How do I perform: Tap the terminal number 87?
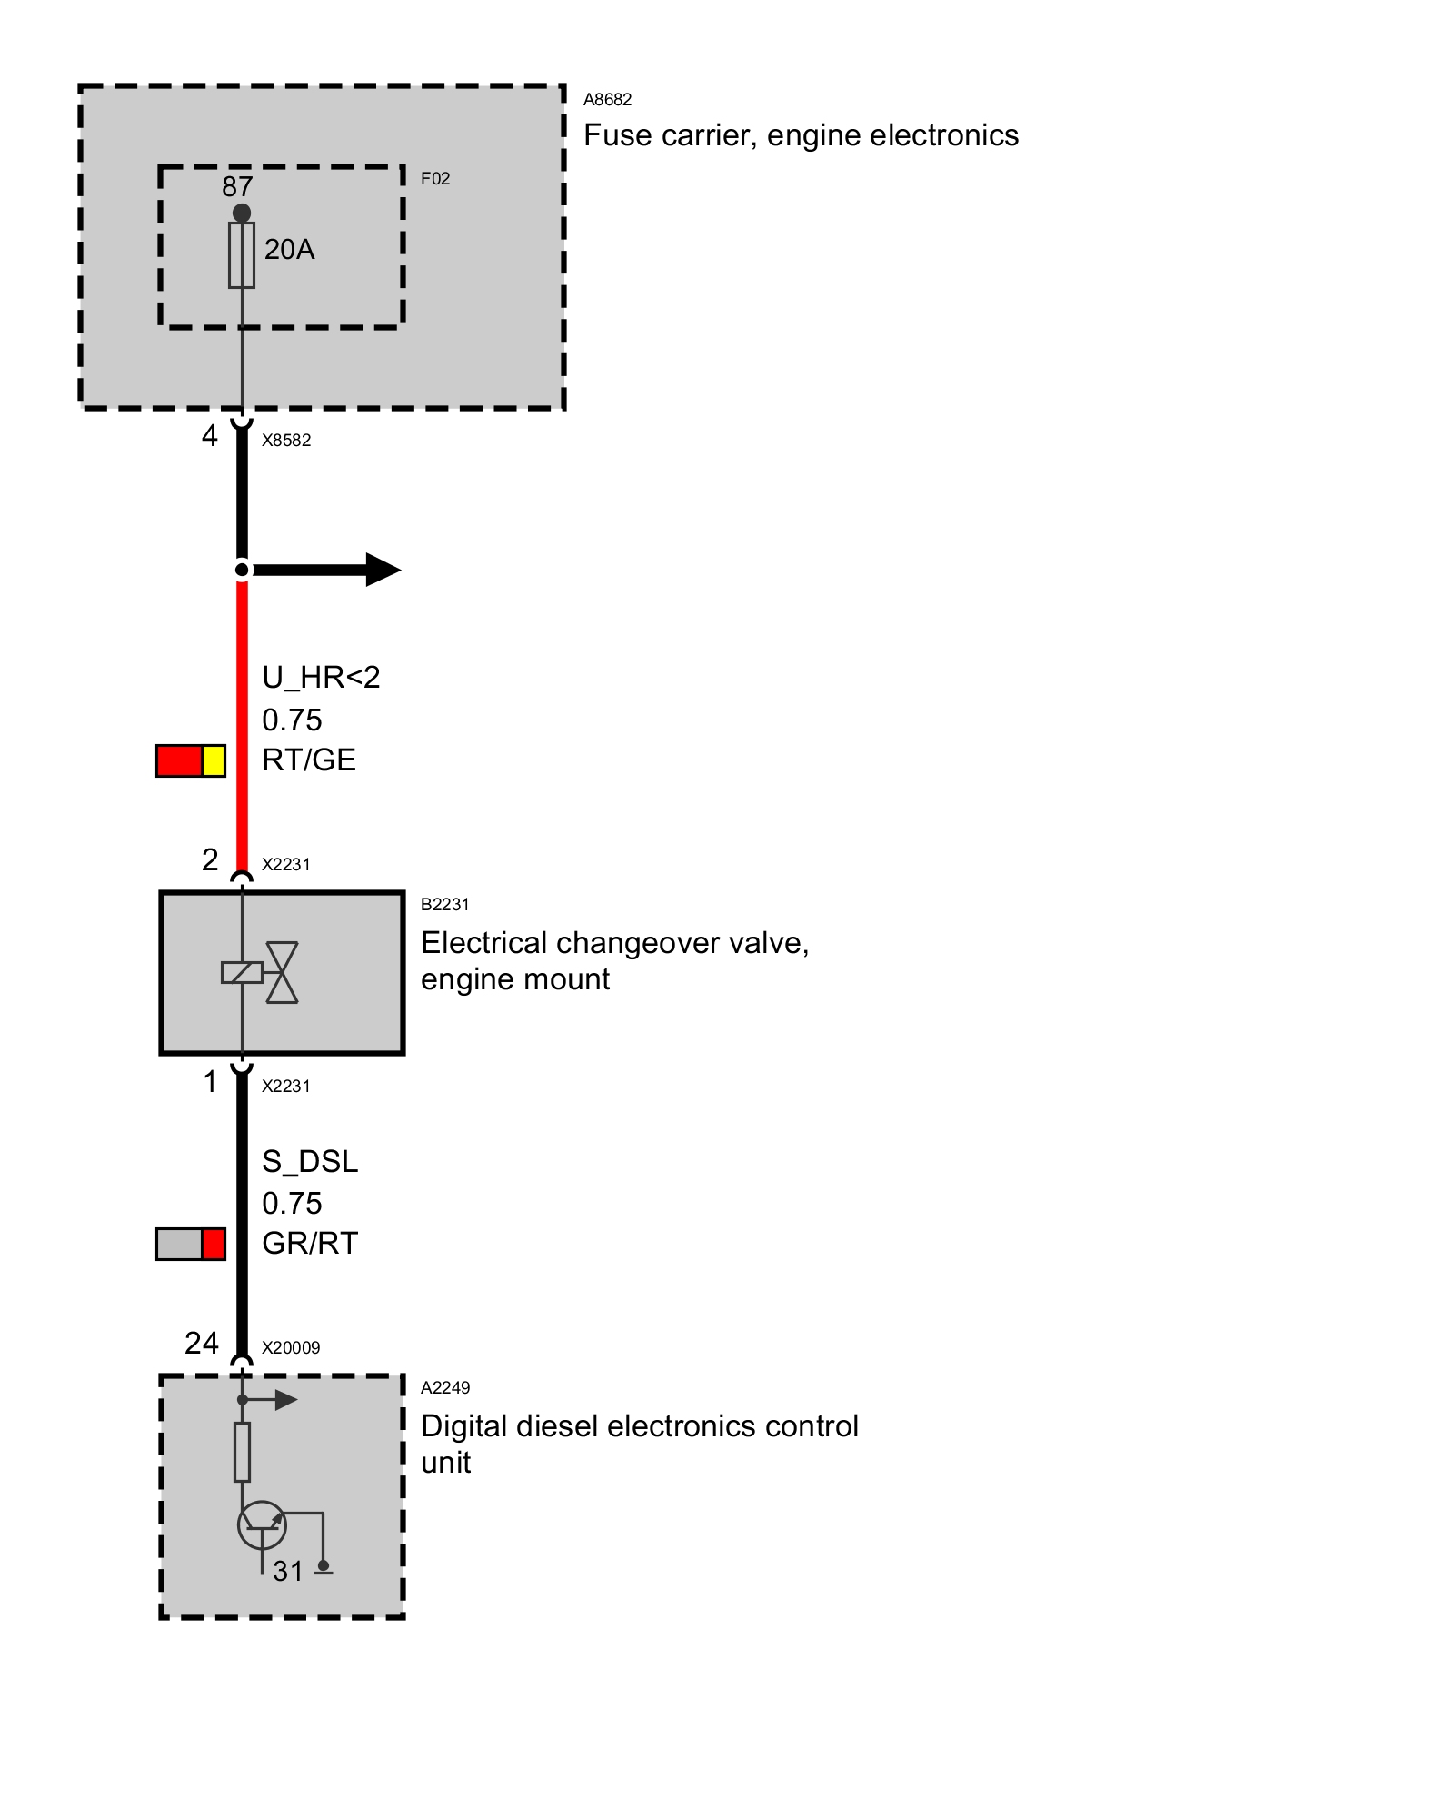[x=237, y=186]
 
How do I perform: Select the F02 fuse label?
[x=435, y=179]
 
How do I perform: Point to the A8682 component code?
[x=607, y=100]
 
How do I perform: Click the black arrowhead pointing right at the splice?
[x=383, y=570]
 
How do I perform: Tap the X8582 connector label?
[x=286, y=441]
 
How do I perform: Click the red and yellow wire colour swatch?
[x=191, y=760]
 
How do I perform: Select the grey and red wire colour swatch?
[x=191, y=1244]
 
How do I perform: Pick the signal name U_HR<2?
[x=321, y=678]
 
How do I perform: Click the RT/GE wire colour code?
[x=309, y=760]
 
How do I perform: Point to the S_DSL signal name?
[x=310, y=1161]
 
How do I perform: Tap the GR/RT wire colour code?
[x=310, y=1243]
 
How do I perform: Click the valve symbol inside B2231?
[x=281, y=972]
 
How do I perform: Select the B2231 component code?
[x=445, y=905]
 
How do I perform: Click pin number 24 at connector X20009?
[x=202, y=1343]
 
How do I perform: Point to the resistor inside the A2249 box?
[x=242, y=1452]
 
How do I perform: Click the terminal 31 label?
[x=288, y=1571]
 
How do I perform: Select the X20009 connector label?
[x=291, y=1348]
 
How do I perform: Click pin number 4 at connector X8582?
[x=210, y=437]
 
